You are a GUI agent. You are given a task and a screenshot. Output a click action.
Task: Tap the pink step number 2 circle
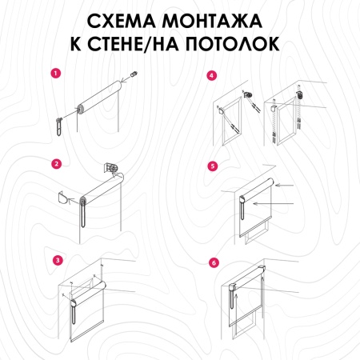(56, 165)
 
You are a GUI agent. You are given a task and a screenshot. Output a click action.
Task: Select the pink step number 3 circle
(56, 260)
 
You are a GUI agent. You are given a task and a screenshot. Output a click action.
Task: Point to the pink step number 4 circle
(211, 76)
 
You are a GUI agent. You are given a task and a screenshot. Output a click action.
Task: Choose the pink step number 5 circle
(212, 166)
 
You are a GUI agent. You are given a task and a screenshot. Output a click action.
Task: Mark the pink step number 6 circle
(212, 261)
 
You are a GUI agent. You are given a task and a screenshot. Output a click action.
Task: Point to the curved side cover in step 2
(68, 195)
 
